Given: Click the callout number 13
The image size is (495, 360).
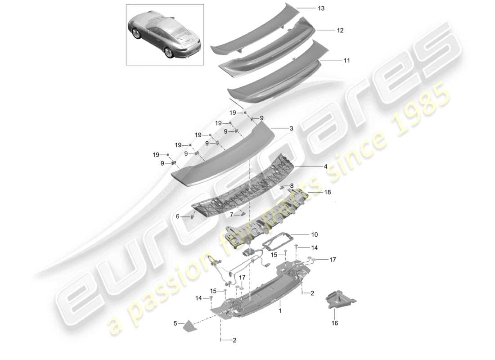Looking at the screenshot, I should point(321,9).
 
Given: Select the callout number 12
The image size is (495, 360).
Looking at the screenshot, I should point(340,31).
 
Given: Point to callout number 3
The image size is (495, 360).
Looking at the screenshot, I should point(291,128).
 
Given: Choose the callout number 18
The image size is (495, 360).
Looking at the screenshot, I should point(328,192).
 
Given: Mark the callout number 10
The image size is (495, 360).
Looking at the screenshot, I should point(314,234).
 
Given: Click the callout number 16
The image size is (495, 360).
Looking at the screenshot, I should point(335,323).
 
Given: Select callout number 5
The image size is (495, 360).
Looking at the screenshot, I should point(175,323).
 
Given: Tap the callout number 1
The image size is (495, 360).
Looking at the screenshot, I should point(280,310).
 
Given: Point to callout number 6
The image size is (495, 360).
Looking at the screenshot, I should point(177,216).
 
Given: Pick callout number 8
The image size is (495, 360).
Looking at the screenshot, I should point(291,185).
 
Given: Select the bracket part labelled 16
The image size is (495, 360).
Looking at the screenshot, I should point(341,300).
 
